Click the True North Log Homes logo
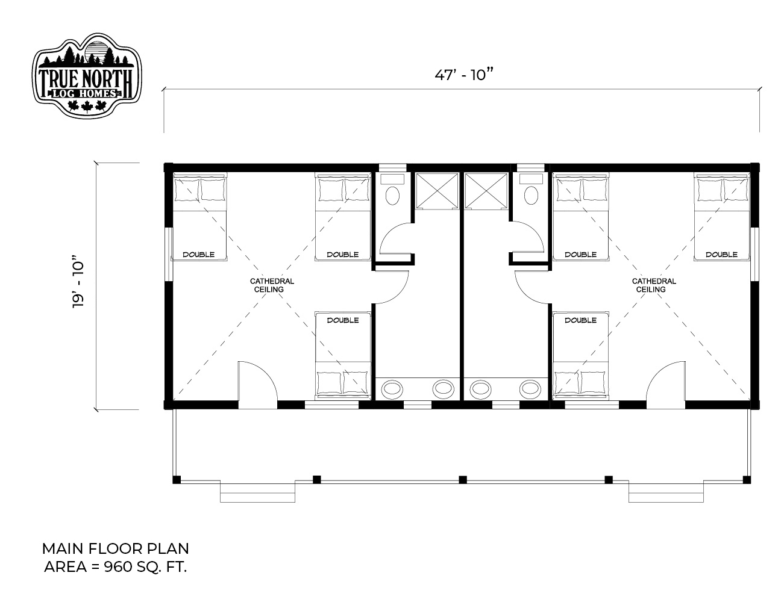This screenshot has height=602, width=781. (x=87, y=76)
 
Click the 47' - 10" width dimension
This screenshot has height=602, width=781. (x=463, y=75)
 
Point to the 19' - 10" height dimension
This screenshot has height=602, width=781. (x=78, y=282)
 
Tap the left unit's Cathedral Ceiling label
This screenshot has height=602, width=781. (x=272, y=285)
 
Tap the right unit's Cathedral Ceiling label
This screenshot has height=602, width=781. (x=654, y=285)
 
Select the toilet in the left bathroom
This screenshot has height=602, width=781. (x=392, y=190)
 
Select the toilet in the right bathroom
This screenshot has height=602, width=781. (x=531, y=190)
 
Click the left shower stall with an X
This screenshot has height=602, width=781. (x=437, y=191)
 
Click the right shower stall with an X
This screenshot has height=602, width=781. (x=486, y=191)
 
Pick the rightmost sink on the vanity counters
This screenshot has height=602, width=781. (x=530, y=388)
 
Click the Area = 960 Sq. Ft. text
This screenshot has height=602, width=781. (x=115, y=567)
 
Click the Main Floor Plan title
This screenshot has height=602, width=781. (x=115, y=548)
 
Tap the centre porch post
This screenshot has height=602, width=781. (x=463, y=480)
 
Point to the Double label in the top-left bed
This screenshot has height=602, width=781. (x=198, y=255)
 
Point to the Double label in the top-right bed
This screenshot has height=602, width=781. (x=721, y=255)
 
